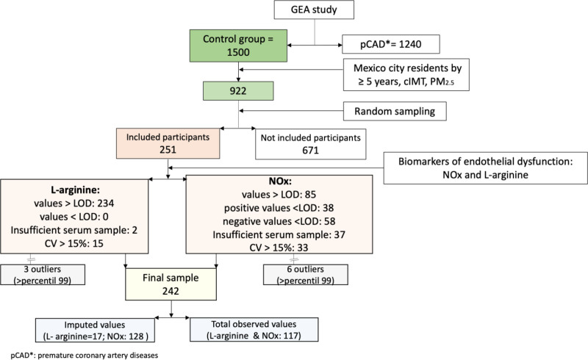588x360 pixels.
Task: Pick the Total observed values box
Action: pos(253,327)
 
